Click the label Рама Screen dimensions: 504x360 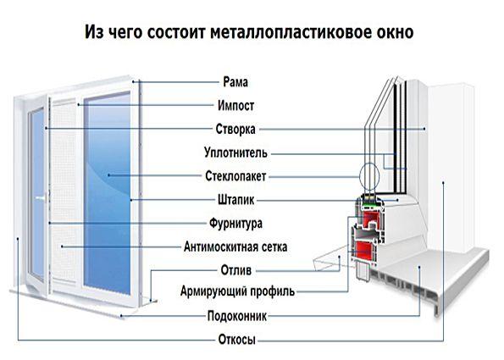pyautogui.click(x=235, y=82)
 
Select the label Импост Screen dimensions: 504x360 pyautogui.click(x=236, y=105)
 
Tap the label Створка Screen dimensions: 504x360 pyautogui.click(x=235, y=129)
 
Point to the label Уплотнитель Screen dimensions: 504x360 pyautogui.click(x=235, y=152)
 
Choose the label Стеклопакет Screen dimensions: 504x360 pyautogui.click(x=235, y=176)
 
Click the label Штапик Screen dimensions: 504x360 pyautogui.click(x=236, y=200)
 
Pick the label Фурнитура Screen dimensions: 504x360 pyautogui.click(x=235, y=223)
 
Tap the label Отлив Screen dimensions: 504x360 pyautogui.click(x=236, y=270)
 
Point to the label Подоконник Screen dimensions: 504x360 pyautogui.click(x=237, y=316)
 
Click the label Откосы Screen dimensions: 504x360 pyautogui.click(x=237, y=340)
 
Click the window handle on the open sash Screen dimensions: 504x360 pyautogui.click(x=41, y=198)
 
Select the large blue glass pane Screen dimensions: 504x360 pyautogui.click(x=108, y=193)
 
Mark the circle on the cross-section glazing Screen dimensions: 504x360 pyautogui.click(x=369, y=178)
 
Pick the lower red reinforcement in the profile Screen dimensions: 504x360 pyautogui.click(x=364, y=252)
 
